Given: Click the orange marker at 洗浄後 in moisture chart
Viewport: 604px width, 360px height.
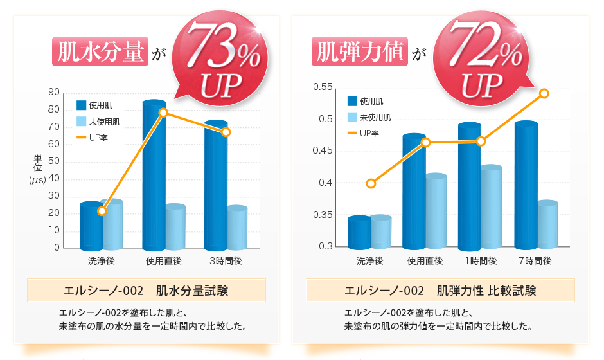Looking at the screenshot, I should [102, 211].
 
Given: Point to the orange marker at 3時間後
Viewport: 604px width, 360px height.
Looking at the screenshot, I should [226, 132].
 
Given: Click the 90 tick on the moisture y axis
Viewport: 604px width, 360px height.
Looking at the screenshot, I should [54, 93].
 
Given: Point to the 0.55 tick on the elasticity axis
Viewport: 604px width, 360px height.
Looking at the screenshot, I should [323, 87].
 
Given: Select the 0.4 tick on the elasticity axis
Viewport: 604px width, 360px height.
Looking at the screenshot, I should [326, 183].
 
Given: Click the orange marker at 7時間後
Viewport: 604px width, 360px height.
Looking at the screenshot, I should [544, 93].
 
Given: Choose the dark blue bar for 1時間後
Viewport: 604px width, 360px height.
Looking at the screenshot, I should [470, 186].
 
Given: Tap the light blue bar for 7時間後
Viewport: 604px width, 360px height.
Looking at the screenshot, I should [547, 225].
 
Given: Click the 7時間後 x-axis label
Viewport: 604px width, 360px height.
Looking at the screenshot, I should [535, 261].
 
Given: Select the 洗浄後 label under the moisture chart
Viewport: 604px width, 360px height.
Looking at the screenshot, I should [101, 261].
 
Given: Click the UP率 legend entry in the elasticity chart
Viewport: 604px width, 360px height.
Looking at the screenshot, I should [369, 133].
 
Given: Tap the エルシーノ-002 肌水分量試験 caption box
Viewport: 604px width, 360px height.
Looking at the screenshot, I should [147, 291].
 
